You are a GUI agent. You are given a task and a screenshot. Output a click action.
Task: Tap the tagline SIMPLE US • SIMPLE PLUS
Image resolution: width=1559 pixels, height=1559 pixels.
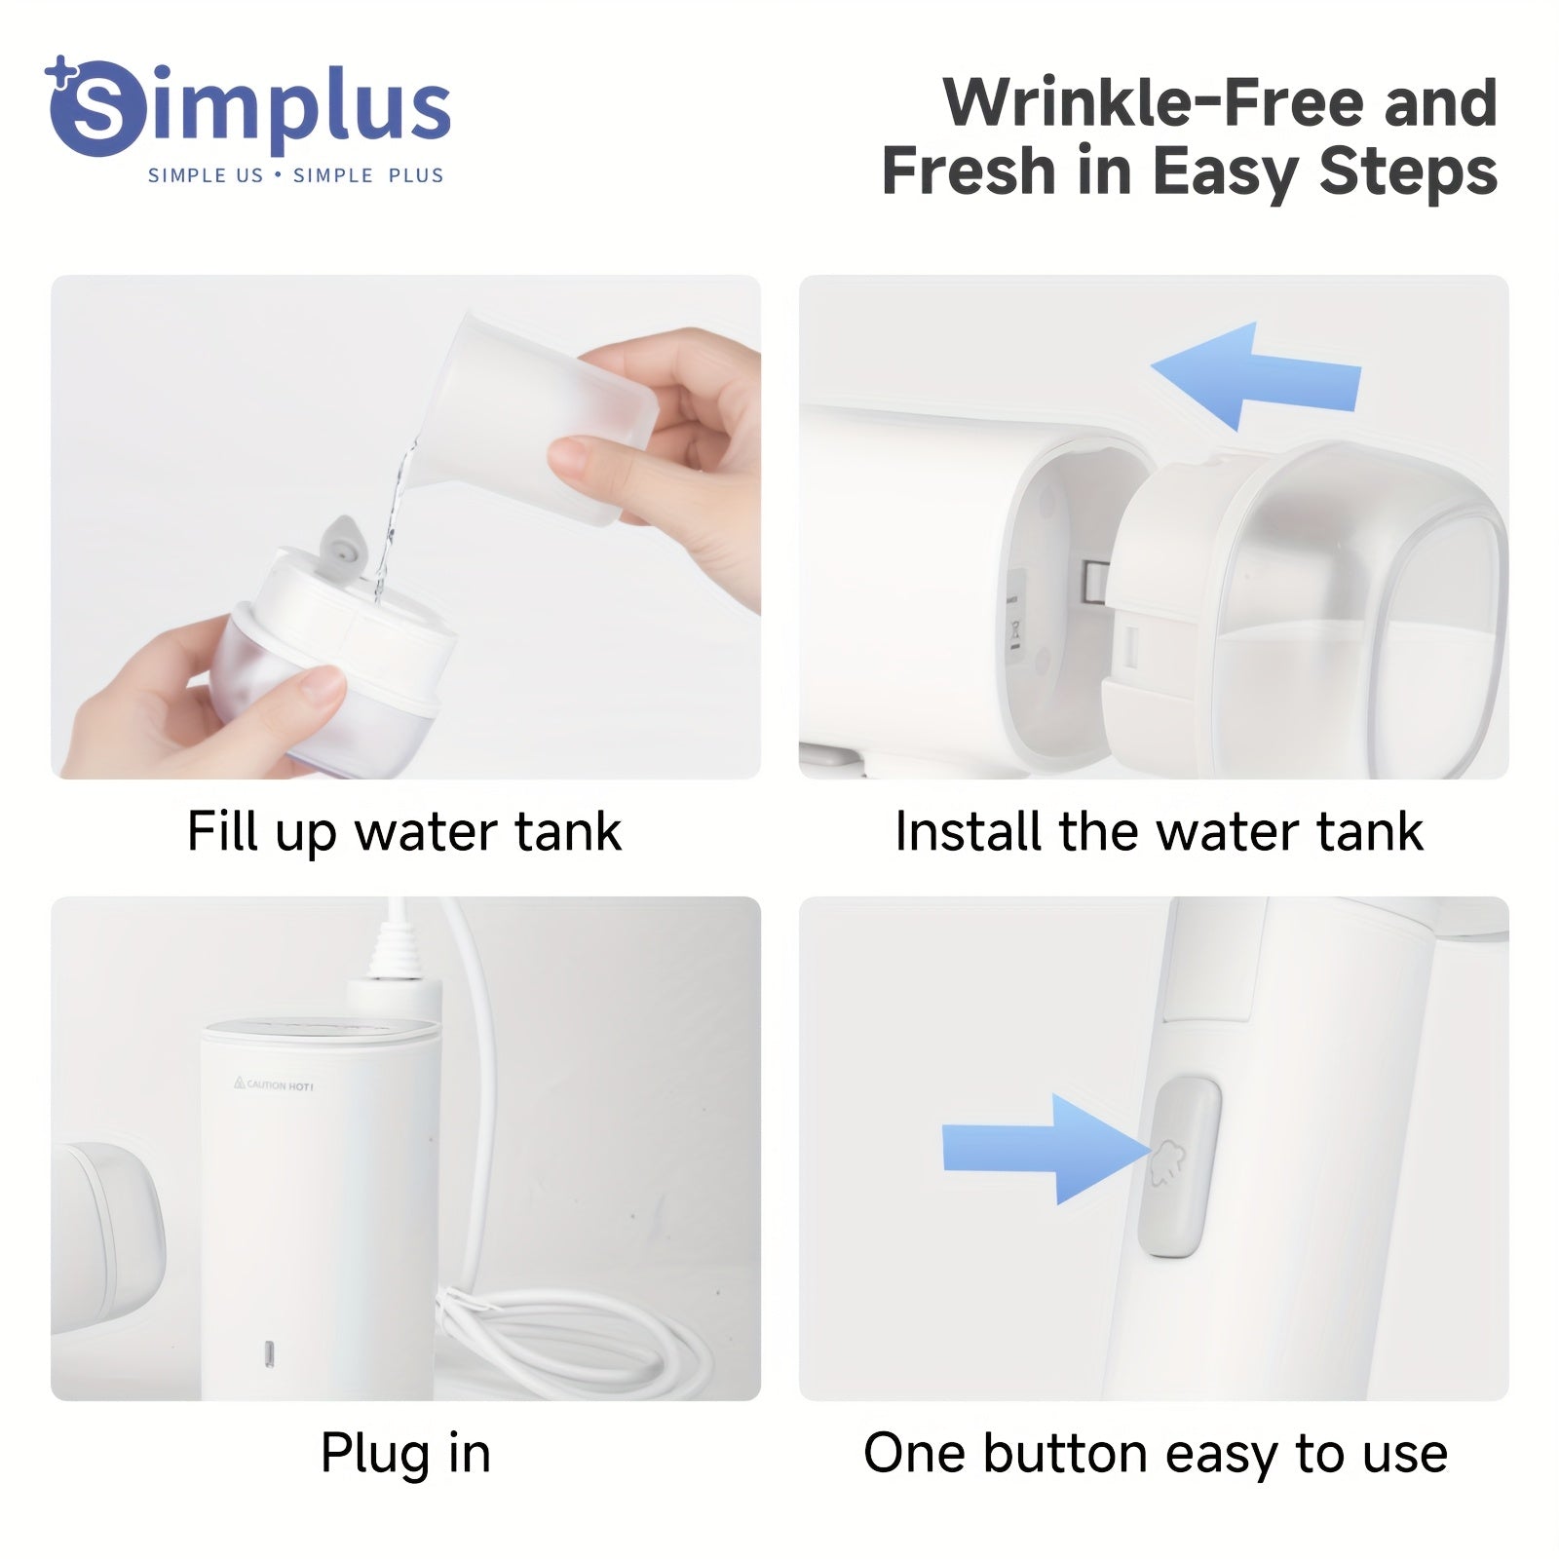(x=296, y=175)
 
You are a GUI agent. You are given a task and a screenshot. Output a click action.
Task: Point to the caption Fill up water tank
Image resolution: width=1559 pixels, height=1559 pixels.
(x=404, y=832)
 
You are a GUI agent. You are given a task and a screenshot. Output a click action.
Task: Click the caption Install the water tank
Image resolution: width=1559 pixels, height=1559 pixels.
(x=1159, y=832)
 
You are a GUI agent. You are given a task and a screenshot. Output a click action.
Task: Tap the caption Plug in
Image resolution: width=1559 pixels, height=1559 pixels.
(x=405, y=1454)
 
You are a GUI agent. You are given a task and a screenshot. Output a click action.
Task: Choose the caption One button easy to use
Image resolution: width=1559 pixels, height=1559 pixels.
(x=1156, y=1454)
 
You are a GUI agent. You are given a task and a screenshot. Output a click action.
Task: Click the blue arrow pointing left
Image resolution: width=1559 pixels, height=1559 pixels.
(x=1256, y=376)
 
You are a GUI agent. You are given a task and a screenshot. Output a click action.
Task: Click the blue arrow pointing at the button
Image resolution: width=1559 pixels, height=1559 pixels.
(x=1047, y=1149)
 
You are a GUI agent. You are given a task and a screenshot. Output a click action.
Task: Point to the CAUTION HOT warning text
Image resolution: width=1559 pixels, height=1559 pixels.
(x=274, y=1084)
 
